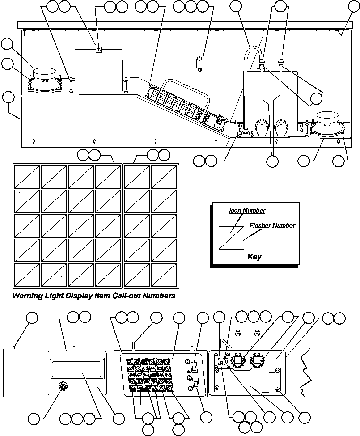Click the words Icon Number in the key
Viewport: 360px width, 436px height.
(247, 210)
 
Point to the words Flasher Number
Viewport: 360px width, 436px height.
(272, 226)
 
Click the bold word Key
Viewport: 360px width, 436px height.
(254, 257)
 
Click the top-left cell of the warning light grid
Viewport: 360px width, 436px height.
(27, 177)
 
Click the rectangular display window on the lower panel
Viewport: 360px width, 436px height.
(76, 369)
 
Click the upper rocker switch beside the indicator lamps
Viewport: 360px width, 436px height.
(195, 367)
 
